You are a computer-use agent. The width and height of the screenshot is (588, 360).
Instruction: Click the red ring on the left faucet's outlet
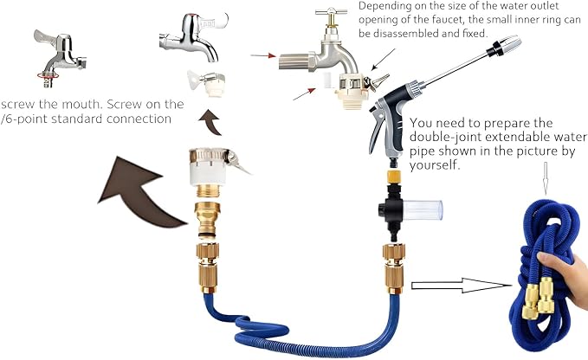(x=48, y=75)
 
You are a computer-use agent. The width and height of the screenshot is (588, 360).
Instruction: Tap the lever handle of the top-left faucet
(x=44, y=37)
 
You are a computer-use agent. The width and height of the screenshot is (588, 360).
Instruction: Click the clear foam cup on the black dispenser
(x=423, y=209)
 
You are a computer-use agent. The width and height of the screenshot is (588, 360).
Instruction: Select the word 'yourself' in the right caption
(x=434, y=165)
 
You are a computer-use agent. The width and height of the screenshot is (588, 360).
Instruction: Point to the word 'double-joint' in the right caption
(x=445, y=137)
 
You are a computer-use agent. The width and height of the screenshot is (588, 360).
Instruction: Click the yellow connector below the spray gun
(x=394, y=176)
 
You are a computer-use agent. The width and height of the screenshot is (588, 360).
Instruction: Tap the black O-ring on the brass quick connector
(x=206, y=235)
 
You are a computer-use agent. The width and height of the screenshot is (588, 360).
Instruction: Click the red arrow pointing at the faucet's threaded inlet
(x=263, y=55)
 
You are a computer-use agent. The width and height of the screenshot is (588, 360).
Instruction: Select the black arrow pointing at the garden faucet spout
(x=384, y=59)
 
